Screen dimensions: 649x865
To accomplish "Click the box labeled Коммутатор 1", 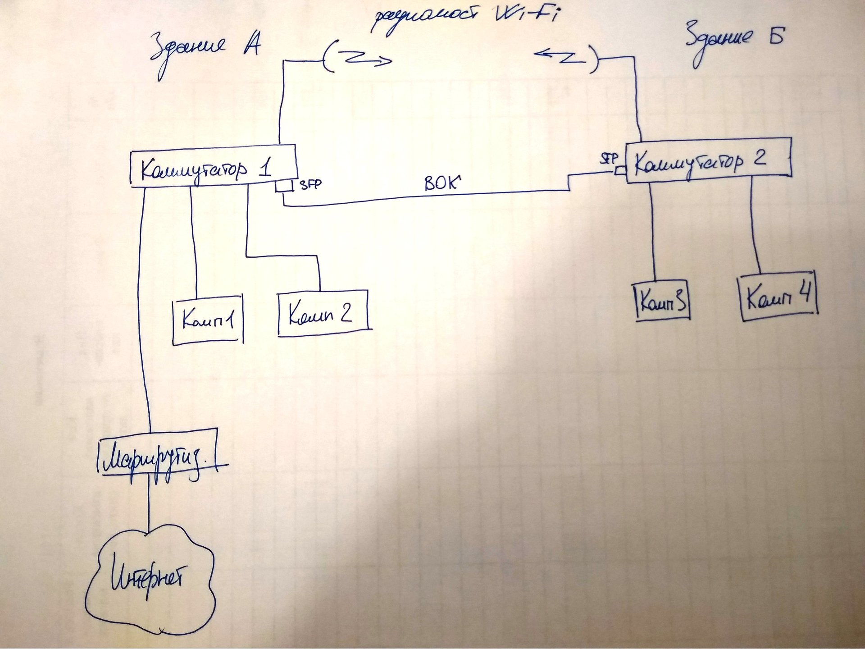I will pos(213,166).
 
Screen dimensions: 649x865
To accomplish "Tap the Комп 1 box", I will pos(208,320).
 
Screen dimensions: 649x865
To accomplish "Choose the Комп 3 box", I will pos(662,301).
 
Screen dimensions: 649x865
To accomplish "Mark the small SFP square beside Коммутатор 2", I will pos(620,171).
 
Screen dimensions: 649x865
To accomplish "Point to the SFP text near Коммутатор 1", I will pos(311,184).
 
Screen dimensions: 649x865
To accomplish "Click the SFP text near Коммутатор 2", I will pos(609,158).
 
